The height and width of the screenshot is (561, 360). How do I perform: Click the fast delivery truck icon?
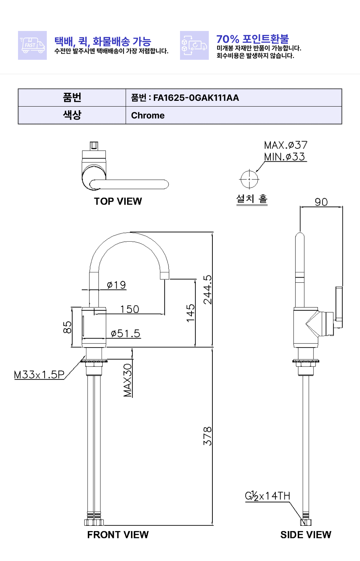pos(32,45)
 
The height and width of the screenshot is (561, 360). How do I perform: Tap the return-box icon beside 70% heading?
pos(194,45)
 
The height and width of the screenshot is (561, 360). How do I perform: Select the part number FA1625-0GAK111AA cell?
pos(234,98)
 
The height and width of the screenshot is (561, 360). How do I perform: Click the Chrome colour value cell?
pos(234,115)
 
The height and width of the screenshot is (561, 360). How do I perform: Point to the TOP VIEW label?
pos(118,201)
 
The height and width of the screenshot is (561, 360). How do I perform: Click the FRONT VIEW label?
pos(118,535)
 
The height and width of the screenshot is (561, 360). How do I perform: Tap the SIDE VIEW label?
pos(306,535)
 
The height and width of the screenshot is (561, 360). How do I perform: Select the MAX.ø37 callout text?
pos(285,145)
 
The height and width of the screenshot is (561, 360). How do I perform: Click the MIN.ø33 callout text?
pos(285,157)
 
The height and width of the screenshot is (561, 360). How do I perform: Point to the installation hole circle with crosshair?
pos(249,179)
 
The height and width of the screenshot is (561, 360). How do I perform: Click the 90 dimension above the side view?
pos(321,202)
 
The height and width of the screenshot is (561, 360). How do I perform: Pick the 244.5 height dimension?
pos(207,290)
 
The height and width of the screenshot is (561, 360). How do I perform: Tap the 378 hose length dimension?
pos(207,436)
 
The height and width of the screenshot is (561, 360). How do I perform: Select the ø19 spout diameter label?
pos(116,285)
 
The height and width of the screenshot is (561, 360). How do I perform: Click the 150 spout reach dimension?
pos(130,309)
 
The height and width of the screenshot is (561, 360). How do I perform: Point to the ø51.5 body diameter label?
pos(126,333)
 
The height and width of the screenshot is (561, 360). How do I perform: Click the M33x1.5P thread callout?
pos(39,375)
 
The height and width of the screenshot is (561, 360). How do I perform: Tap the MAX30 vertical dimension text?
pos(128,381)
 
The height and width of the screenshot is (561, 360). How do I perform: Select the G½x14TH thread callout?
pos(267,496)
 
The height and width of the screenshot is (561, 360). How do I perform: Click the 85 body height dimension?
pos(67,327)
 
